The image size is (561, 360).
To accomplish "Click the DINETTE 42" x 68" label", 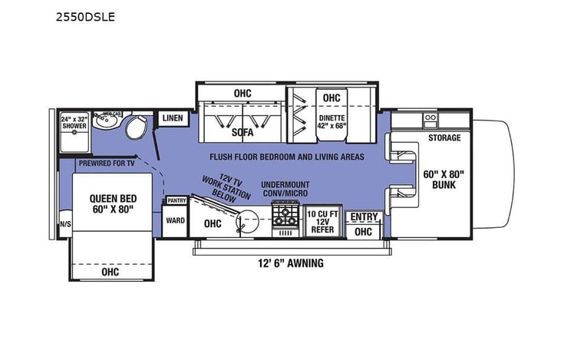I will point(332,122).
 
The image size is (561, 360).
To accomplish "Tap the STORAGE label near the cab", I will point(444,138).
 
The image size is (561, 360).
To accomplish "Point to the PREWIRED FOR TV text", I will point(107,163).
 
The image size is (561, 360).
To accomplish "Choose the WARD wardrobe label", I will point(174,220).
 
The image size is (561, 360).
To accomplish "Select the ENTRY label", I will point(363,217).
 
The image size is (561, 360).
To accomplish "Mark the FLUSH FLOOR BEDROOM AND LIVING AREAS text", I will point(287,157).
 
